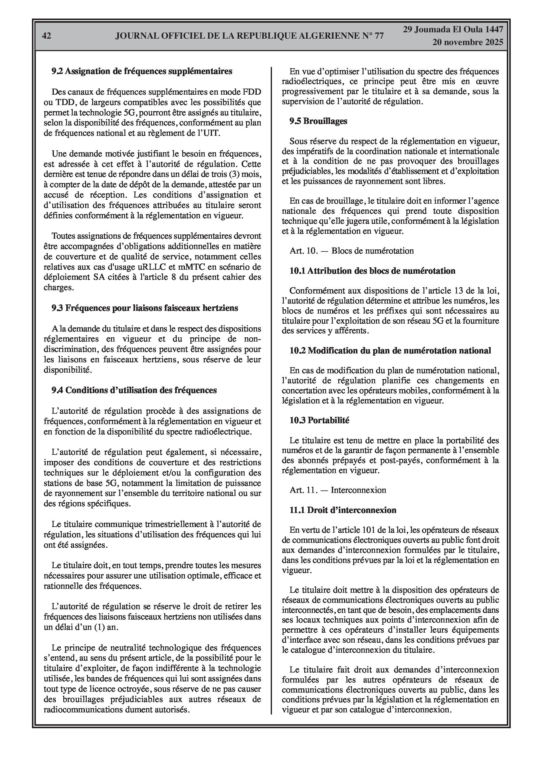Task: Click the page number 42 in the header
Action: (x=47, y=36)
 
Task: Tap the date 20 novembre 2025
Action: (x=467, y=42)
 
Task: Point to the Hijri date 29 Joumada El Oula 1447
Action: (x=453, y=30)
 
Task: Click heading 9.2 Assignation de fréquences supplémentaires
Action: (x=142, y=71)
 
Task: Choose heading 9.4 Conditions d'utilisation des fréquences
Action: (x=134, y=390)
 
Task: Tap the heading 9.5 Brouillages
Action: (x=318, y=121)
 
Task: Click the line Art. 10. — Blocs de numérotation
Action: (x=352, y=251)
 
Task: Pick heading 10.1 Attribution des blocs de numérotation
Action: (x=372, y=271)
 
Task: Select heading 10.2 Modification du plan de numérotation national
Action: (x=390, y=351)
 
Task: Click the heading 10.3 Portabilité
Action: (x=319, y=420)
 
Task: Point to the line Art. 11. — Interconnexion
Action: (x=338, y=490)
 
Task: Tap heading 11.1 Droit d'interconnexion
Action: (x=343, y=510)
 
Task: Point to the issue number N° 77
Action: (x=373, y=36)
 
